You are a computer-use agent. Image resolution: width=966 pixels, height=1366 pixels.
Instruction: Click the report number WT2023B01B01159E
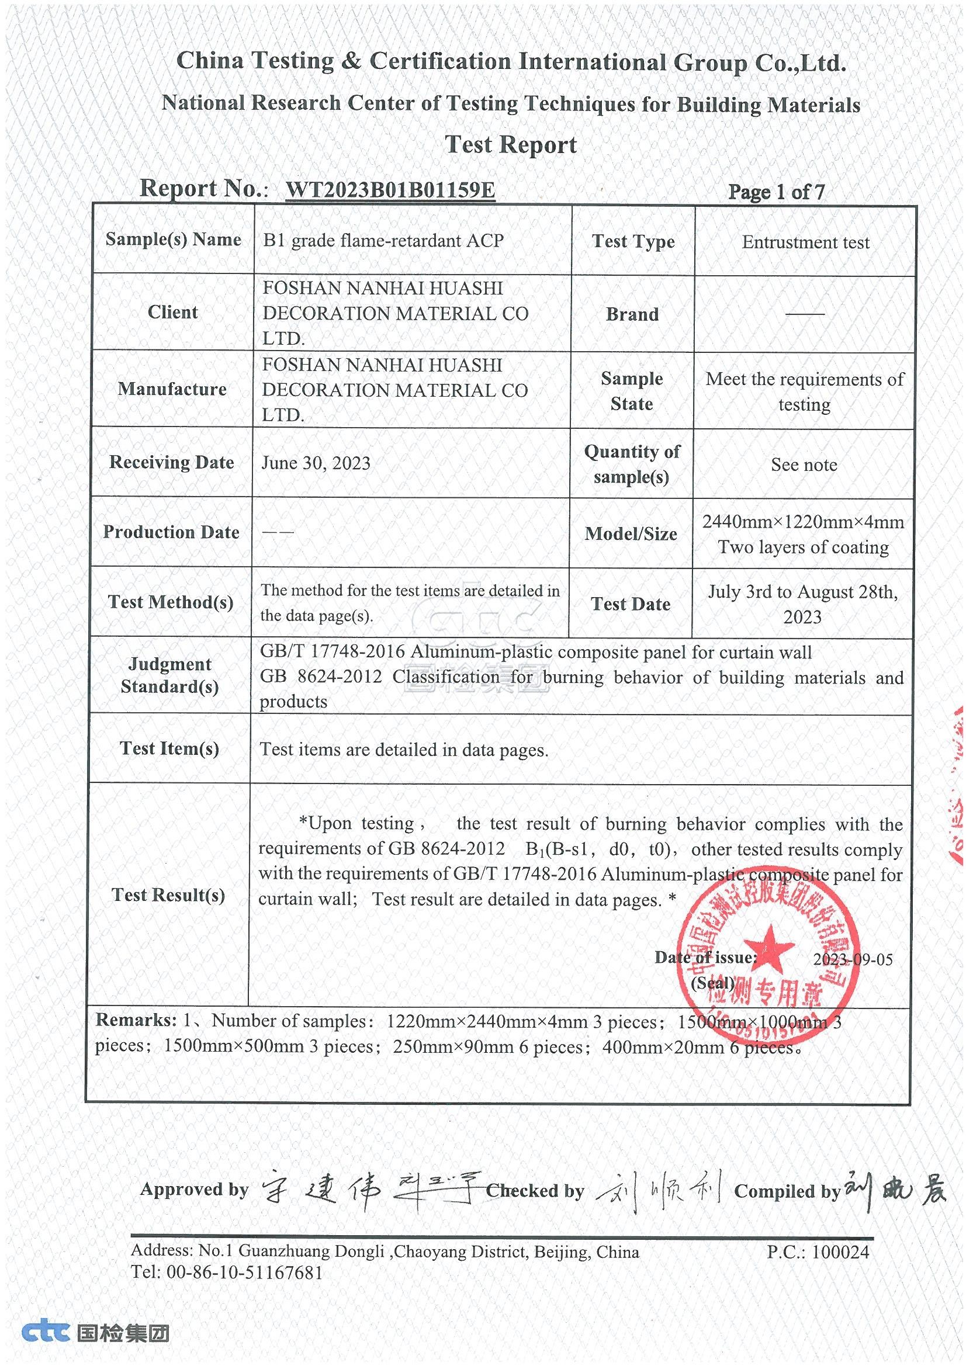[x=390, y=190]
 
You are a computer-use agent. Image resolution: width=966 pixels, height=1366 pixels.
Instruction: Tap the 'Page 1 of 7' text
[x=776, y=192]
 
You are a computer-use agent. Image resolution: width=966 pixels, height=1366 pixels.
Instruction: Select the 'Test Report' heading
[x=511, y=144]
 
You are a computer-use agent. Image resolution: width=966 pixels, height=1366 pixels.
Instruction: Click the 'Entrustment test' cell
[x=805, y=242]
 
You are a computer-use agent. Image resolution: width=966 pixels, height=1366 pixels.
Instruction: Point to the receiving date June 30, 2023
[x=316, y=463]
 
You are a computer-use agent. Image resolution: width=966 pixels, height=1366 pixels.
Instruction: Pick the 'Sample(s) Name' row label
[x=173, y=239]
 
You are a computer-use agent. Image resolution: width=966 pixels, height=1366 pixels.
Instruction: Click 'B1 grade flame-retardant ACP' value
[x=383, y=240]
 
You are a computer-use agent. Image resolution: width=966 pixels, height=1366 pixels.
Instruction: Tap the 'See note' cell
[x=804, y=464]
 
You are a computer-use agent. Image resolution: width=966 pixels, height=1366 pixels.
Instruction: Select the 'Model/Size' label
[x=631, y=533]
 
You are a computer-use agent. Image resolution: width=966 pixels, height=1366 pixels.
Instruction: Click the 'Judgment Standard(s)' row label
[x=169, y=675]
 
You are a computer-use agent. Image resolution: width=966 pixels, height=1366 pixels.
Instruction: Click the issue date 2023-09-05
[x=853, y=959]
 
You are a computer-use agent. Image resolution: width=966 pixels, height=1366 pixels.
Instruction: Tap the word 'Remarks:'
[x=136, y=1020]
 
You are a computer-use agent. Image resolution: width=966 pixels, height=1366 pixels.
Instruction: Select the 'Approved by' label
[x=194, y=1190]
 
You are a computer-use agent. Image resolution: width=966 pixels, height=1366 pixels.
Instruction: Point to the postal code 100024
[x=840, y=1253]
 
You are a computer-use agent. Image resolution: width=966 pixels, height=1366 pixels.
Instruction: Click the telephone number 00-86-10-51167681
[x=245, y=1273]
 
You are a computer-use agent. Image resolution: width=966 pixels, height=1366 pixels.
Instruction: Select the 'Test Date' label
[x=631, y=605]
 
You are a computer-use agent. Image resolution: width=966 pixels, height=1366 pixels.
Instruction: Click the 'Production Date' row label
[x=171, y=532]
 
